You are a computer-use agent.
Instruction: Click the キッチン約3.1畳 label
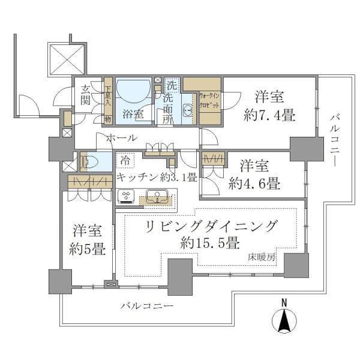pos(157,177)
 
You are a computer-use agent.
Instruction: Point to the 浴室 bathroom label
pos(133,115)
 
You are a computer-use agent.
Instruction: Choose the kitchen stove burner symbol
pos(127,196)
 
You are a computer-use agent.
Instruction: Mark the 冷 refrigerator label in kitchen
pos(124,160)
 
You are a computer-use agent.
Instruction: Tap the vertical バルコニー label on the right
pos(332,140)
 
